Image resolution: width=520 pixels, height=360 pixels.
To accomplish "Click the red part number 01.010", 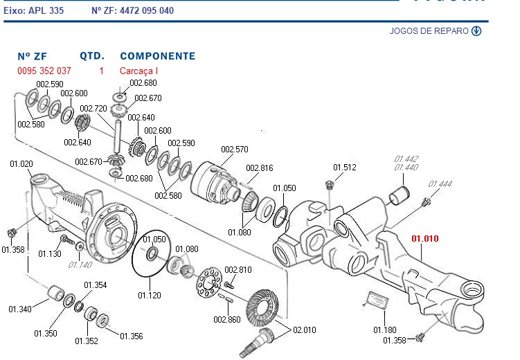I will click(x=425, y=240).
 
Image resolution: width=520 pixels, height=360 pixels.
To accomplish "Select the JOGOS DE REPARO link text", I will click(x=429, y=31).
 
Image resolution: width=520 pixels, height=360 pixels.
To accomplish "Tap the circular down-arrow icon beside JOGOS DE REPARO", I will click(x=476, y=31).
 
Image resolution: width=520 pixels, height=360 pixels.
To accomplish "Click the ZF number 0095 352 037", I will click(x=44, y=71).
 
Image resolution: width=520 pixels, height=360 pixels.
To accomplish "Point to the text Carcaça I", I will click(x=139, y=71).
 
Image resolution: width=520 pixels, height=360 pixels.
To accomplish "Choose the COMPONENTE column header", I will click(x=157, y=56).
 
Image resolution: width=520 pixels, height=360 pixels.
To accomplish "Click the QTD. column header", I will click(x=92, y=56).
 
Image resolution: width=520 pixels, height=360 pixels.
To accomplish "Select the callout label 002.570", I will click(x=234, y=150).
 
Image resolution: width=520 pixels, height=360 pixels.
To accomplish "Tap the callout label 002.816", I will click(x=259, y=168).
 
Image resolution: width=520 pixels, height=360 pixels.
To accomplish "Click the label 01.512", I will click(x=344, y=168).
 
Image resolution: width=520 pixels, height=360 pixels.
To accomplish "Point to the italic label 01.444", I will click(x=440, y=184).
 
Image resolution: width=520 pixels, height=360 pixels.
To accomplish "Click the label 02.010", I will click(x=304, y=330).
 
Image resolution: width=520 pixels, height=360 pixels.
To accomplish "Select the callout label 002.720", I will click(x=93, y=109).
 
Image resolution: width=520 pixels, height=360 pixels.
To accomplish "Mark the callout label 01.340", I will click(x=21, y=309).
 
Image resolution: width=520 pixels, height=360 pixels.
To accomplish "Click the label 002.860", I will click(x=226, y=320).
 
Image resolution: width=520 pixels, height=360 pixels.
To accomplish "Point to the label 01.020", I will click(x=21, y=164).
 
